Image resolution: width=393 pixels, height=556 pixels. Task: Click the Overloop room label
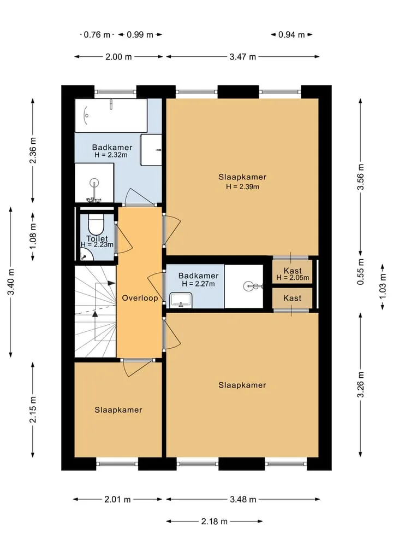pos(140,298)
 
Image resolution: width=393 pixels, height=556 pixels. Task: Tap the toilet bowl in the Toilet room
pos(96,224)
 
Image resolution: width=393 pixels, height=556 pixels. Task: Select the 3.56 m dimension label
pos(360,177)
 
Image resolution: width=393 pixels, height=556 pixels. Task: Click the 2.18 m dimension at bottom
pos(214,521)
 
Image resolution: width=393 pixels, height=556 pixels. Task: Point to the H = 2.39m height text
pos(242,186)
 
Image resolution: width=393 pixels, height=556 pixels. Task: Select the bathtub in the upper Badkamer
pos(111,115)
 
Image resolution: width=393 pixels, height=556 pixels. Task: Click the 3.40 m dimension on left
pos(11,282)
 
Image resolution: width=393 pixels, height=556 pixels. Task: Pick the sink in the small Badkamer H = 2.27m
pos(181,300)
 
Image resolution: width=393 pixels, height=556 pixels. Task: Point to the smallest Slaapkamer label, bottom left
pos(118,410)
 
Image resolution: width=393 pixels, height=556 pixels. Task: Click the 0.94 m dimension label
pos(291,35)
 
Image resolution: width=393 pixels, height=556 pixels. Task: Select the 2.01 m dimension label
pos(117,500)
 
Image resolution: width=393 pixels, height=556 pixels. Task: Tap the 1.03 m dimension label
pos(383,287)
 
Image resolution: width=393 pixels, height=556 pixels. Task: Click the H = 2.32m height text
pos(111,155)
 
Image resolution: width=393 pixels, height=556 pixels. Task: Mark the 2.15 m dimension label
pos(33,410)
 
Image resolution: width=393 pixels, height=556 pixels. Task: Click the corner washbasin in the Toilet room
pos(85,254)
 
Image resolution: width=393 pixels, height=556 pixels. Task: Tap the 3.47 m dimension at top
pos(242,57)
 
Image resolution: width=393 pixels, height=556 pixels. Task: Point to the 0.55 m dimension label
pos(360,272)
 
